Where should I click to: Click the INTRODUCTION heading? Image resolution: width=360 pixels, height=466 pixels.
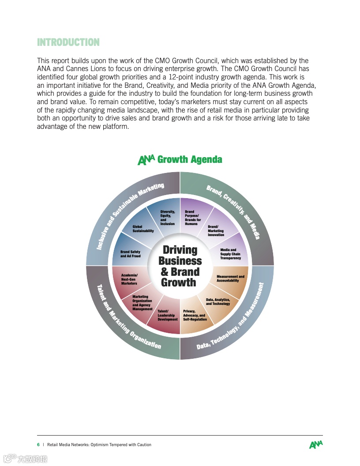pos(68,42)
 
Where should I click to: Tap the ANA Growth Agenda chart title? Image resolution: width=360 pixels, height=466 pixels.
pos(180,159)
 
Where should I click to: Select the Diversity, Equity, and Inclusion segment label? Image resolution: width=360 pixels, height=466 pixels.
pos(168,218)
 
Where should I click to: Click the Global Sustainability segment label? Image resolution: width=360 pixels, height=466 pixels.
pos(143,229)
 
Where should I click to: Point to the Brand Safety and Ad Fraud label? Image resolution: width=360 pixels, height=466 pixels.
pos(130,254)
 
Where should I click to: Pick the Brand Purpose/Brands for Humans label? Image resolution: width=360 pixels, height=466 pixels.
pos(193,218)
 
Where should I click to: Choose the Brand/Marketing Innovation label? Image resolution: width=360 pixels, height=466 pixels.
pos(216,231)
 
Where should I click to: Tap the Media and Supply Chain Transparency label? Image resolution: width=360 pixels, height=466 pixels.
pos(230,254)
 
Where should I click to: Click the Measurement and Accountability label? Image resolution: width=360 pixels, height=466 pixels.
pos(230,278)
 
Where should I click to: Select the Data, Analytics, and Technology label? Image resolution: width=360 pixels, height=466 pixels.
pos(218,302)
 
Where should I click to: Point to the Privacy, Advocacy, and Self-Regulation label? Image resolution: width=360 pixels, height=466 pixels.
pos(195,315)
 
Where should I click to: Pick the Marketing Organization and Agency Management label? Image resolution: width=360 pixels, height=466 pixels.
pos(142,303)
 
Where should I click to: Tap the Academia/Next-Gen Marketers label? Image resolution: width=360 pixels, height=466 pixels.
pos(129,279)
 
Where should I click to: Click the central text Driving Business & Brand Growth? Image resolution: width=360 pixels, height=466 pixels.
pos(180,267)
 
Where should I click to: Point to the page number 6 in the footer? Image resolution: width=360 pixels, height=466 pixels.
pos(38,445)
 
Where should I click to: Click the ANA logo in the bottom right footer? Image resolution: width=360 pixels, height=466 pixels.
pos(316,445)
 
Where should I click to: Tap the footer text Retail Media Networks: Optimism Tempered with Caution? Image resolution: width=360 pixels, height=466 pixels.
pos(99,445)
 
